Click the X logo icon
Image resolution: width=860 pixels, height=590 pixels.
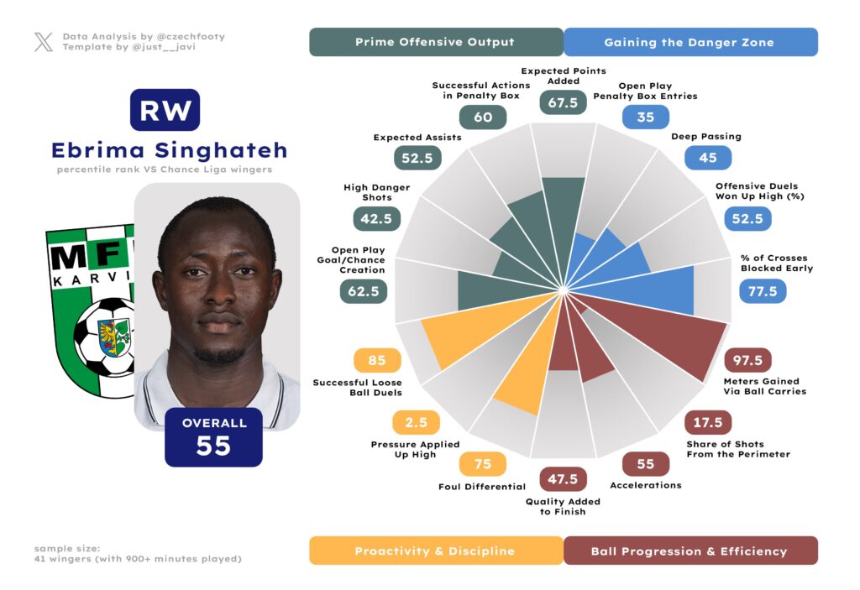(44, 42)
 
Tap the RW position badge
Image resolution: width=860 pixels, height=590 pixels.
(165, 110)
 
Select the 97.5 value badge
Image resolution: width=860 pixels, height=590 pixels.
(747, 361)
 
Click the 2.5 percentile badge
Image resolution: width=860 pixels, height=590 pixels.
(416, 422)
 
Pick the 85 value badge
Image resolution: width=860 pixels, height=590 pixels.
(377, 361)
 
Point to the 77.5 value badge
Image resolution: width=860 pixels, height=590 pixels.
(763, 291)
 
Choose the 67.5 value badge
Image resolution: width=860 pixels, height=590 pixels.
(563, 102)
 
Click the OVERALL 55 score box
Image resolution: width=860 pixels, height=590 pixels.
(214, 436)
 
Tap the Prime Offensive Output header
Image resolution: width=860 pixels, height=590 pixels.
(435, 42)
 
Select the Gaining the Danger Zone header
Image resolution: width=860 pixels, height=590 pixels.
(690, 42)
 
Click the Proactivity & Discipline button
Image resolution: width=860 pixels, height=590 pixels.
(435, 551)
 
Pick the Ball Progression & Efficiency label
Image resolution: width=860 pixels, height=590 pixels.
(690, 551)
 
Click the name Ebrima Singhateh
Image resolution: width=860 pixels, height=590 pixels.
(169, 150)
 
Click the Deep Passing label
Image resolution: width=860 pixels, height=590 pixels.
(706, 136)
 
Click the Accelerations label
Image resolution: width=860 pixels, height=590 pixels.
(645, 485)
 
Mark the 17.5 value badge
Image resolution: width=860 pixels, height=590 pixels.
(708, 422)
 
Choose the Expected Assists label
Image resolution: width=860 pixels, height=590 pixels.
(417, 137)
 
